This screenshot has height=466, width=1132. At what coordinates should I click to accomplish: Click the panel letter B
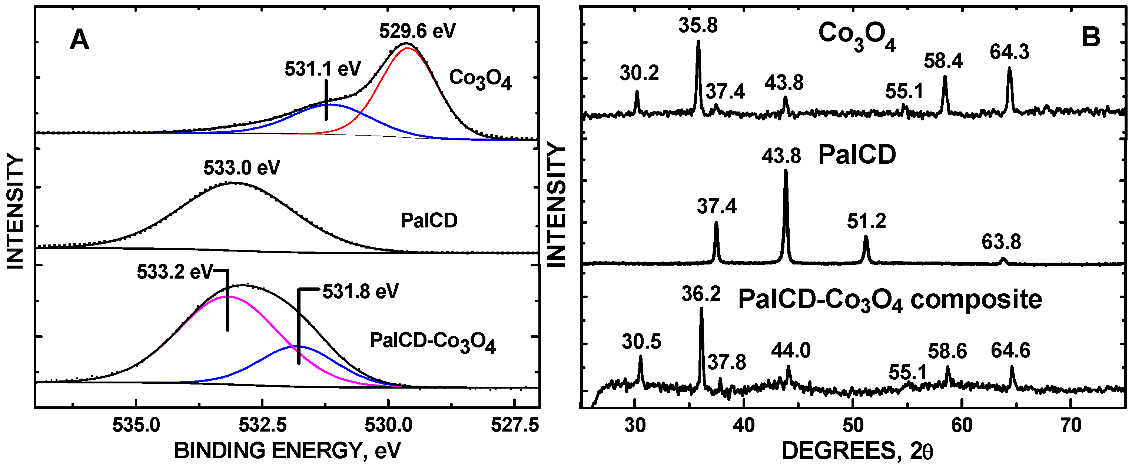click(x=1091, y=37)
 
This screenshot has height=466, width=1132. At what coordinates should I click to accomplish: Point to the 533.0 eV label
click(x=242, y=168)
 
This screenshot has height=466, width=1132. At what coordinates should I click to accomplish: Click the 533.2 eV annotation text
click(x=175, y=272)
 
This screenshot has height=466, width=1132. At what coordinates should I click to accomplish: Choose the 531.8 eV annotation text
click(x=360, y=292)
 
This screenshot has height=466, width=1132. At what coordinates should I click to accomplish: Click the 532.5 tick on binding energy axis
click(x=262, y=425)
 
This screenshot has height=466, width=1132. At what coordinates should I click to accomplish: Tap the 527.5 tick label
click(x=515, y=425)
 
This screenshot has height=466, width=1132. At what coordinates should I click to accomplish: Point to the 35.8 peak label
click(x=698, y=26)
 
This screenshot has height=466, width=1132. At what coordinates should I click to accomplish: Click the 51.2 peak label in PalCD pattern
click(x=866, y=222)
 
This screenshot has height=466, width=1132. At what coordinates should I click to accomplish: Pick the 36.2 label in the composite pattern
click(x=701, y=294)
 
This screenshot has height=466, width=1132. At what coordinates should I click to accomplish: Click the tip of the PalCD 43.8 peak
click(x=786, y=171)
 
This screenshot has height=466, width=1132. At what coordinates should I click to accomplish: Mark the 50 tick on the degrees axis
click(x=853, y=425)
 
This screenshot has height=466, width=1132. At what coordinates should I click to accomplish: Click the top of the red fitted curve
click(x=408, y=48)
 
